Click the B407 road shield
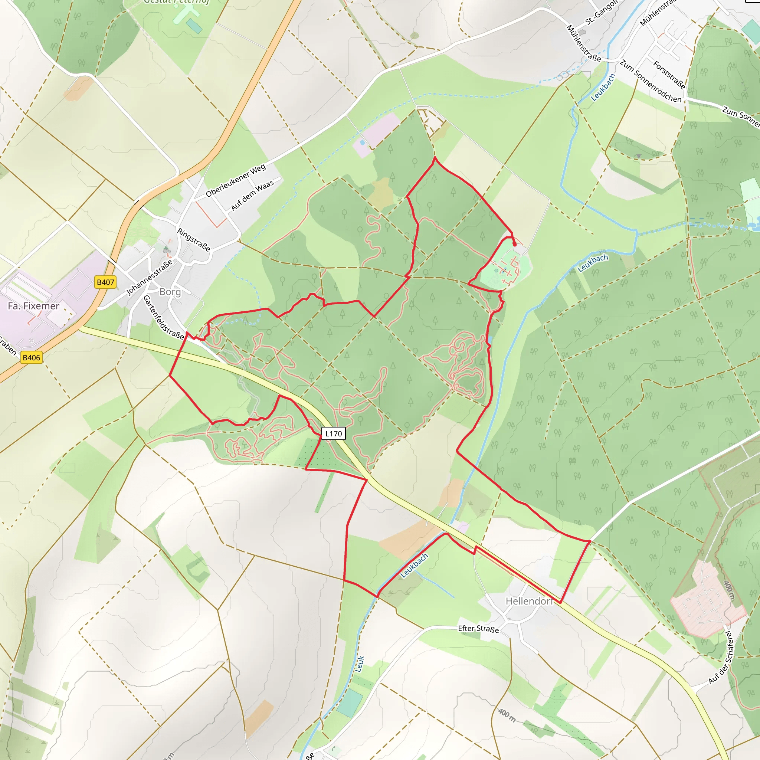pos(105,282)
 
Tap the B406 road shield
pos(32,358)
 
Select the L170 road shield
pos(334,433)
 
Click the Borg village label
pos(170,292)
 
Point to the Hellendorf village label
pos(529,601)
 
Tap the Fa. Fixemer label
pos(33,306)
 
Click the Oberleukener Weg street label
pos(236,180)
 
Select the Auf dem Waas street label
pos(252,196)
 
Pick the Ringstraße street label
pos(194,240)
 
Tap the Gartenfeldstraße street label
pos(163,317)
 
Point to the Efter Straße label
pos(478,629)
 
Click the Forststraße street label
pos(669,75)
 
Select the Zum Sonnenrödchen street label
pos(651,81)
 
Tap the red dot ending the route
pos(515,244)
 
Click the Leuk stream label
pos(360,664)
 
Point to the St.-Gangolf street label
pos(601,13)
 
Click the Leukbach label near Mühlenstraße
pos(603,87)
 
